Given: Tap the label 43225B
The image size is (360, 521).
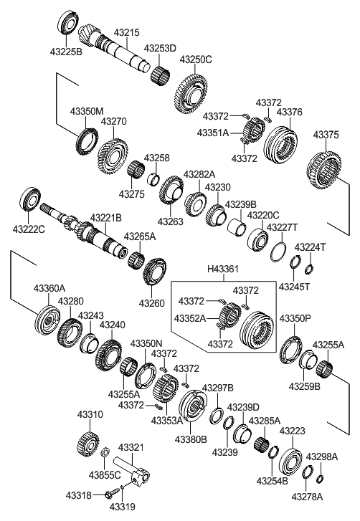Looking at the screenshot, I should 67,52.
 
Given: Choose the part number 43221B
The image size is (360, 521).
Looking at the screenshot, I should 105,217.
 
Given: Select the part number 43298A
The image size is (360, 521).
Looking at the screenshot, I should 321,456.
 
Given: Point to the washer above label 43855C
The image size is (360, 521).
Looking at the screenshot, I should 105,453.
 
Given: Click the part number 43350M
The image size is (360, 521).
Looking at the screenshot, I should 87,111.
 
